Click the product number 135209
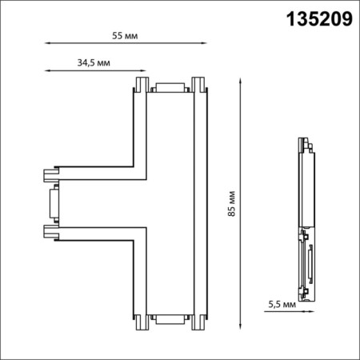[319, 20]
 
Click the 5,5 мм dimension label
[281, 304]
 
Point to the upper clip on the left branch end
[50, 174]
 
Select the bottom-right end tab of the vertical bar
[198, 323]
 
